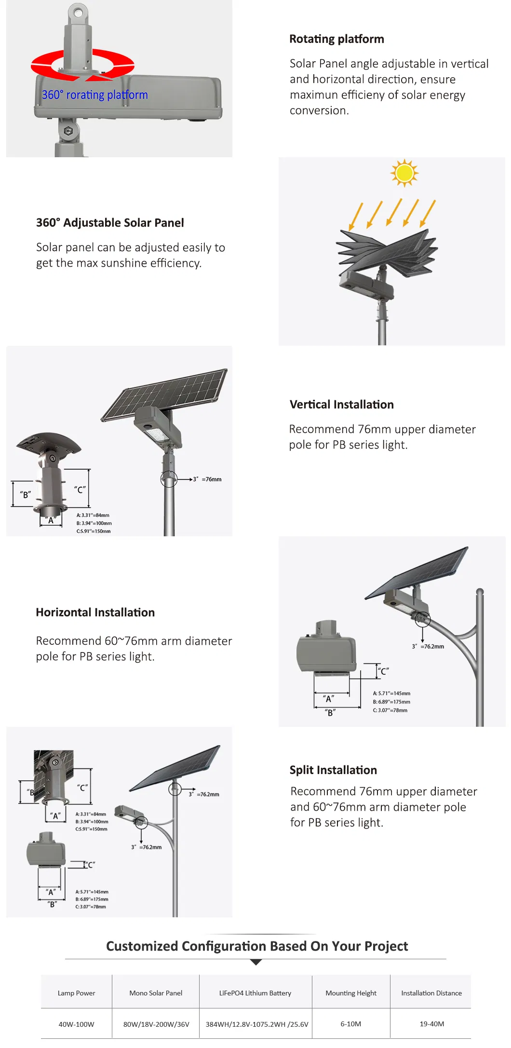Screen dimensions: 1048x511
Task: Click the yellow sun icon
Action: [404, 173]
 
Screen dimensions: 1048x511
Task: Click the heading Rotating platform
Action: [336, 39]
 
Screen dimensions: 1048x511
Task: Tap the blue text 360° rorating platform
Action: [94, 95]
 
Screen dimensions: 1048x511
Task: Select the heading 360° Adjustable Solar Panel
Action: [110, 223]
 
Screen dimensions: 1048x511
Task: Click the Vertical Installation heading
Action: [341, 405]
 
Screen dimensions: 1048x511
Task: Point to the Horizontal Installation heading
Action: [95, 612]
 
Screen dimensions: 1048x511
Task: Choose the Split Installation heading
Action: [333, 770]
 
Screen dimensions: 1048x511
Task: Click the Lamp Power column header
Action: [76, 993]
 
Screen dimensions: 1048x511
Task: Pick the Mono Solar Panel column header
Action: [156, 993]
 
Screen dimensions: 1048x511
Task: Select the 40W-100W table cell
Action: [76, 1024]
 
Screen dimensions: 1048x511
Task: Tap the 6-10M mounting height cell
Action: [350, 1024]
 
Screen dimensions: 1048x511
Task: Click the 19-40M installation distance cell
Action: [431, 1024]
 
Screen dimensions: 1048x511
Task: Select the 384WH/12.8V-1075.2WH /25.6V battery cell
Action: [256, 1024]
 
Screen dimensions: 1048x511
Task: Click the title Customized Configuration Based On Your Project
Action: [256, 946]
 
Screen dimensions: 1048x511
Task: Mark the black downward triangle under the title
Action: [256, 962]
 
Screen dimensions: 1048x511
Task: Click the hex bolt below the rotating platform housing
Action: [68, 131]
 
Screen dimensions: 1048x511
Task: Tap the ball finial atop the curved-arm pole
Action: [480, 591]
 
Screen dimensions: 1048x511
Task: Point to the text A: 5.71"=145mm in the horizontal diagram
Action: [391, 694]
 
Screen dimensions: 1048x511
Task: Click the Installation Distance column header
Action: [431, 993]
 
